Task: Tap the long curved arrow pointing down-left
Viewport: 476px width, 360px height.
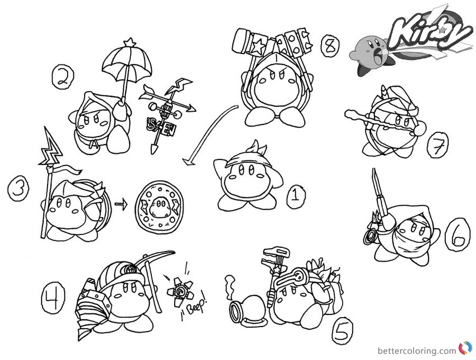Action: [x=207, y=133]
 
